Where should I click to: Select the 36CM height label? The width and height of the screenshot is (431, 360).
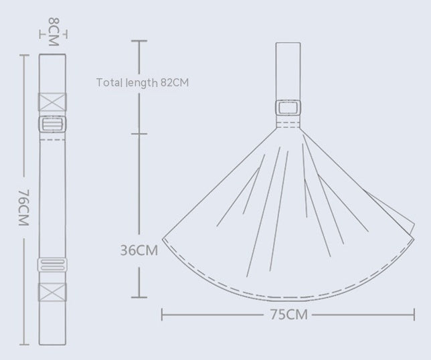[139, 251]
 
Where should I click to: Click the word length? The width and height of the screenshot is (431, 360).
[141, 83]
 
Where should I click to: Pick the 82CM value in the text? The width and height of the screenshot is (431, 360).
[175, 83]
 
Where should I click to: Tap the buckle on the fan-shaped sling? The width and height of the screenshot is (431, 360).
[289, 108]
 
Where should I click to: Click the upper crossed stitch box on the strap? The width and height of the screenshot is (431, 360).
[53, 102]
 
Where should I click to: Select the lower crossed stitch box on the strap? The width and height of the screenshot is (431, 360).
[53, 292]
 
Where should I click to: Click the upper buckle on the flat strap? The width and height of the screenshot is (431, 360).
[53, 124]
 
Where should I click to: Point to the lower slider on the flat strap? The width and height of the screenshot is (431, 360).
[53, 265]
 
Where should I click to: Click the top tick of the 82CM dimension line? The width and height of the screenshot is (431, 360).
[139, 41]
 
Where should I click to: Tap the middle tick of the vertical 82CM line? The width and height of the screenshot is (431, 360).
[139, 133]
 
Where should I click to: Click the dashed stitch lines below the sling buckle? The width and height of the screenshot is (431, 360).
[289, 125]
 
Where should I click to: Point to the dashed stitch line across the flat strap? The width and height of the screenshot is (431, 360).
[53, 141]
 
